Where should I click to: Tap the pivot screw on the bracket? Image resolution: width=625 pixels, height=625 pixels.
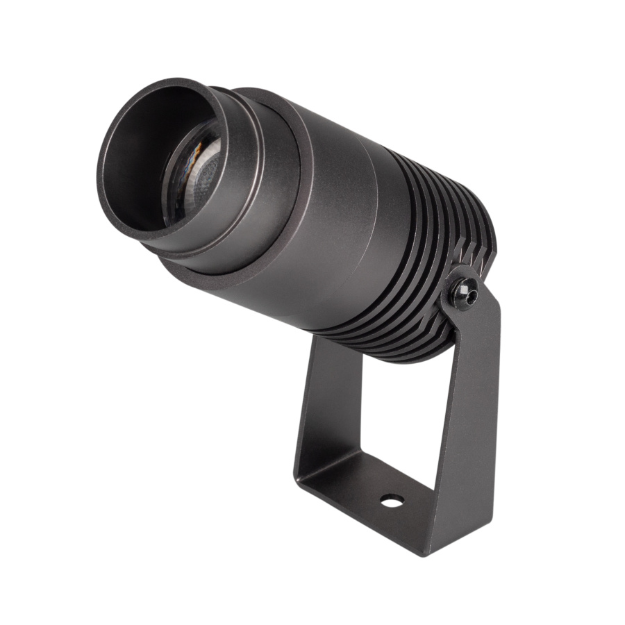(464, 293)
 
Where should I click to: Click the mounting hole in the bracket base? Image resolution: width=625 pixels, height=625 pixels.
(392, 500)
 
